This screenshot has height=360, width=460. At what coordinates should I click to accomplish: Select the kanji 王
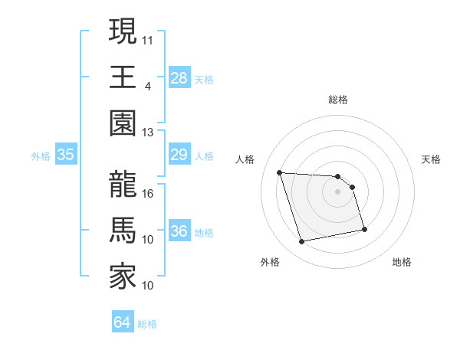123,77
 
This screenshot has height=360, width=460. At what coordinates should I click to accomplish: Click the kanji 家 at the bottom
123,277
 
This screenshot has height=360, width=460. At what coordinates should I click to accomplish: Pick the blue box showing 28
179,77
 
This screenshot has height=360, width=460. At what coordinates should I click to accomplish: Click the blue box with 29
179,155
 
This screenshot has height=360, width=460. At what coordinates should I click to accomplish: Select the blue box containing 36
179,231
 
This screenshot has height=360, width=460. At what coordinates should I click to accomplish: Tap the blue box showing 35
66,155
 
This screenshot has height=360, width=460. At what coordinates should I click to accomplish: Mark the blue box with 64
123,322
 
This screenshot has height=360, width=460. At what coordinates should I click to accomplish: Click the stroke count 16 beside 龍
149,194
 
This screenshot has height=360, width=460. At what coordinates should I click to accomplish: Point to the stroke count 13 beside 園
149,133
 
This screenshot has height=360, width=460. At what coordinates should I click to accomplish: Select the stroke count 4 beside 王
147,86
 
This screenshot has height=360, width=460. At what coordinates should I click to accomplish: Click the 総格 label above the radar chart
338,100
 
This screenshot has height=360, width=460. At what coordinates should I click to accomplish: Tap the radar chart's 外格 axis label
270,262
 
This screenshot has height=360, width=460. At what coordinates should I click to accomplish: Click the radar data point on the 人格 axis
280,172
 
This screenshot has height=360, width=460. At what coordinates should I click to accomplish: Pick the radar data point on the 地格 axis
364,229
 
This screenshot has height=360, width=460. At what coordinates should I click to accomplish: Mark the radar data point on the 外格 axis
302,242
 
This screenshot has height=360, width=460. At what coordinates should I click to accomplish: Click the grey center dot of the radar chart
338,191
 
